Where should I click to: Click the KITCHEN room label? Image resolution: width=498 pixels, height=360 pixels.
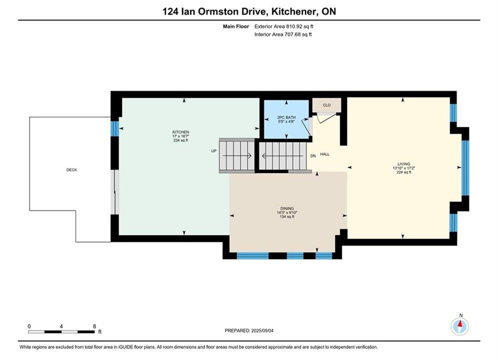181,132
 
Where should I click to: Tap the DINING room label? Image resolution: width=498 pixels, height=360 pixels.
287,208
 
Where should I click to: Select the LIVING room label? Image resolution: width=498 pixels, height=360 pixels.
404,164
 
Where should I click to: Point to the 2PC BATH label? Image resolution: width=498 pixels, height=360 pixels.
286,117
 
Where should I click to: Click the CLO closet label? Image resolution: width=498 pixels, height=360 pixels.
326,105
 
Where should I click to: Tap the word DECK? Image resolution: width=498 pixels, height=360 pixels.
72,169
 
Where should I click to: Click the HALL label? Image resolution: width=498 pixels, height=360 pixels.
325,154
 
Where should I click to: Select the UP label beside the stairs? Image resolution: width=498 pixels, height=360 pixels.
214,151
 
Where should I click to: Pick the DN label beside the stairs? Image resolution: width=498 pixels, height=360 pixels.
313,156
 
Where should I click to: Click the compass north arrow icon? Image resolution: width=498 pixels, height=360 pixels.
460,325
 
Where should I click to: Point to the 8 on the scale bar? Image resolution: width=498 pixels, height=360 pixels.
94,326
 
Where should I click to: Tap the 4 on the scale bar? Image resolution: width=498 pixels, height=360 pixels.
61,326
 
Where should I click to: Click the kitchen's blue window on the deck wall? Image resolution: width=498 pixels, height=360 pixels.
115,129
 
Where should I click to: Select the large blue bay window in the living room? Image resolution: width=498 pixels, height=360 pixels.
465,168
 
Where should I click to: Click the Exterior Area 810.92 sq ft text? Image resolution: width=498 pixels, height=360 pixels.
284,26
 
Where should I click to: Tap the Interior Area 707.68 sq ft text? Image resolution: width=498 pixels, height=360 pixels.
283,34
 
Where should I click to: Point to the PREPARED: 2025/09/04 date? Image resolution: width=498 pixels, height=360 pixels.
249,330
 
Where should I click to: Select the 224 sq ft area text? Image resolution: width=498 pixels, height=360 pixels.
404,172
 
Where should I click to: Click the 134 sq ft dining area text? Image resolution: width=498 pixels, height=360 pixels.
287,216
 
